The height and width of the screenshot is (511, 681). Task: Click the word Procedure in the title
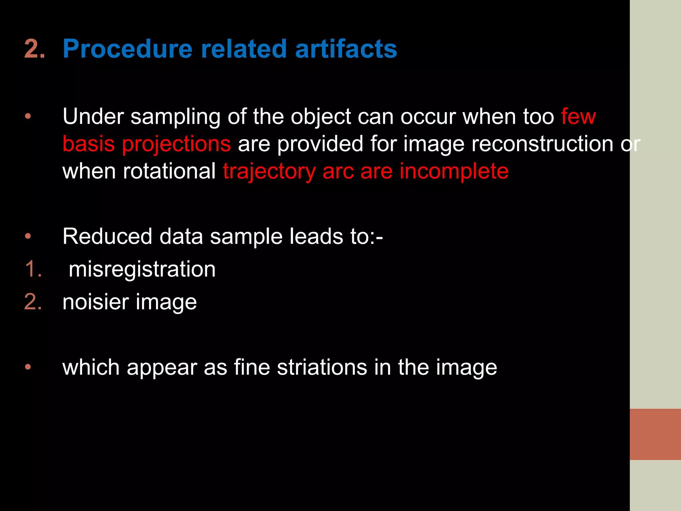(127, 49)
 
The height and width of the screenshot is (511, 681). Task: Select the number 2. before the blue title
(34, 49)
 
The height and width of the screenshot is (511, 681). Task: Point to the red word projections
(176, 144)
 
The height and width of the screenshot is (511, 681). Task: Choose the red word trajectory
(269, 172)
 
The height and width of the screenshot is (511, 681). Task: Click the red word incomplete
(454, 171)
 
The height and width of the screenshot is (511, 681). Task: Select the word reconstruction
(542, 144)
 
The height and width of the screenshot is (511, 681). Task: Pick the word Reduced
(107, 236)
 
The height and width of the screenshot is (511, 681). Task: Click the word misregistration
(142, 269)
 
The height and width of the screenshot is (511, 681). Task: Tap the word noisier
(95, 302)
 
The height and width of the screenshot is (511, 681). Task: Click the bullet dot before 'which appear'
(28, 367)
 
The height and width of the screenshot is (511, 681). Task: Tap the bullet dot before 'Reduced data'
(28, 236)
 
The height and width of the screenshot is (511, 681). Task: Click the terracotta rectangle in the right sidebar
(655, 434)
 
